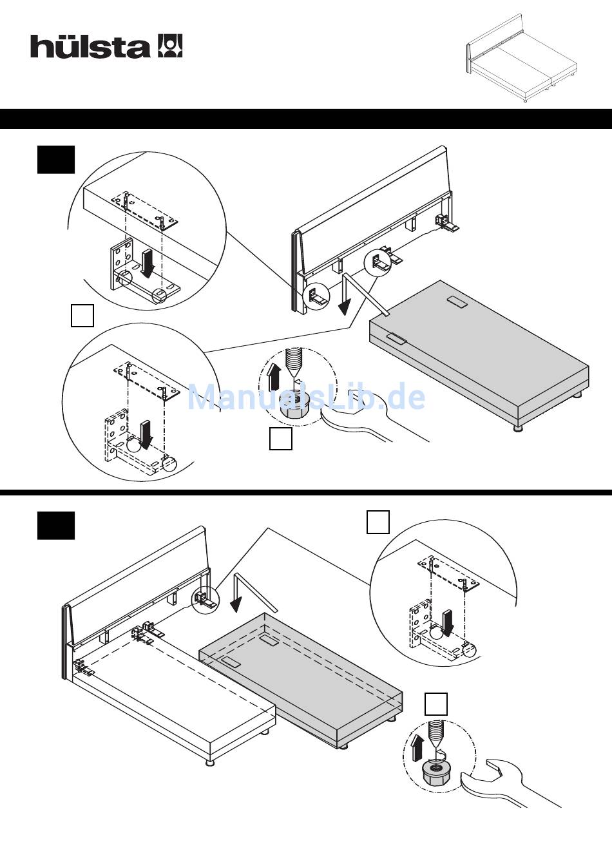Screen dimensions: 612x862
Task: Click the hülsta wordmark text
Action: click(90, 46)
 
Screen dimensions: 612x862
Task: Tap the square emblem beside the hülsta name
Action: click(170, 46)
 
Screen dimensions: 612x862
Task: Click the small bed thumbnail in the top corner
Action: click(522, 58)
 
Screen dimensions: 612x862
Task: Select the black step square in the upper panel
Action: click(56, 159)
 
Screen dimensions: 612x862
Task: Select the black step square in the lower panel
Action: click(56, 525)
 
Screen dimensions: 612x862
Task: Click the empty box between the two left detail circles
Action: click(82, 316)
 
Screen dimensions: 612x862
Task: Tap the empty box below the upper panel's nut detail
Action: click(281, 438)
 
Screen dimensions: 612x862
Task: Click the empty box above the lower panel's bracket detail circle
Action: click(378, 522)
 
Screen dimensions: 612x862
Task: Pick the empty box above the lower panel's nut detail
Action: click(436, 704)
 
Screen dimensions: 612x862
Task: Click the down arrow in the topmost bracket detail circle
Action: click(147, 263)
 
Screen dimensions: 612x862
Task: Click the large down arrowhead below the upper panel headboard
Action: click(345, 307)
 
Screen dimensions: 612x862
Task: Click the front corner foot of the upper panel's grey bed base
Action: click(519, 428)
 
